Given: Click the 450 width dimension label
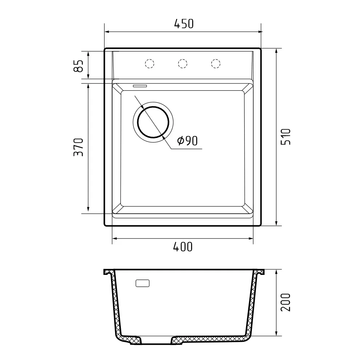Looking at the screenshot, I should click(183, 24).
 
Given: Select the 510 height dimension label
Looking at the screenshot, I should click(286, 137).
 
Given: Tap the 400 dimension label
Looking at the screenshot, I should click(182, 247).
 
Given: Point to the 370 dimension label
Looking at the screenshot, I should click(79, 147).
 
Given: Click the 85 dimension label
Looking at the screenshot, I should click(79, 66).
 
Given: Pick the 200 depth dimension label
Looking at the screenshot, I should click(286, 302).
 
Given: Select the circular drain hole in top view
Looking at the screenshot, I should click(153, 122).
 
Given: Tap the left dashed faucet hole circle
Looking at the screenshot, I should click(150, 63).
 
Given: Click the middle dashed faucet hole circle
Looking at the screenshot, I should click(183, 63).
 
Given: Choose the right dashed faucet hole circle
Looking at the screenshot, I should click(216, 63).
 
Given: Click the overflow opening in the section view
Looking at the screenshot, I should click(143, 283).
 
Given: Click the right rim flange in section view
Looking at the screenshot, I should click(260, 272).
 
